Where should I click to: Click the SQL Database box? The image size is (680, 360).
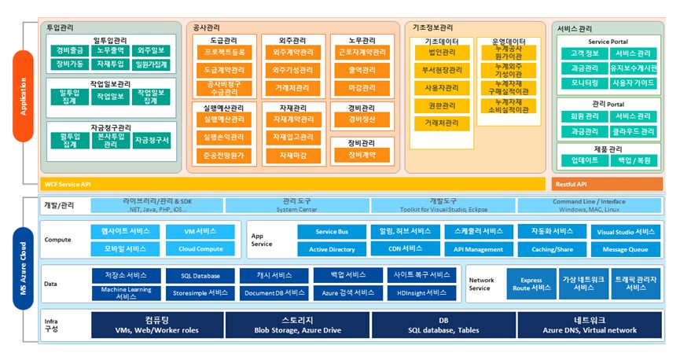[x=200, y=276]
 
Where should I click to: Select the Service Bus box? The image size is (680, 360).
[x=331, y=232]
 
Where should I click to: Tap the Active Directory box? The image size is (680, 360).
[x=331, y=249]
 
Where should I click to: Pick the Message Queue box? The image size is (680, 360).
[x=625, y=249]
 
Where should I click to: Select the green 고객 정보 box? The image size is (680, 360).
[x=580, y=53]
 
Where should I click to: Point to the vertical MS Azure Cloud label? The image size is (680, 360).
[x=24, y=267]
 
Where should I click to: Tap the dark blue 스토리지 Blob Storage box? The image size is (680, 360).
[x=297, y=325]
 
